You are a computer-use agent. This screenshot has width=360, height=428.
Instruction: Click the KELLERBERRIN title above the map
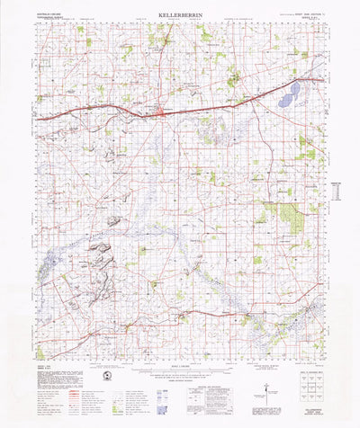[x=180, y=15]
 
